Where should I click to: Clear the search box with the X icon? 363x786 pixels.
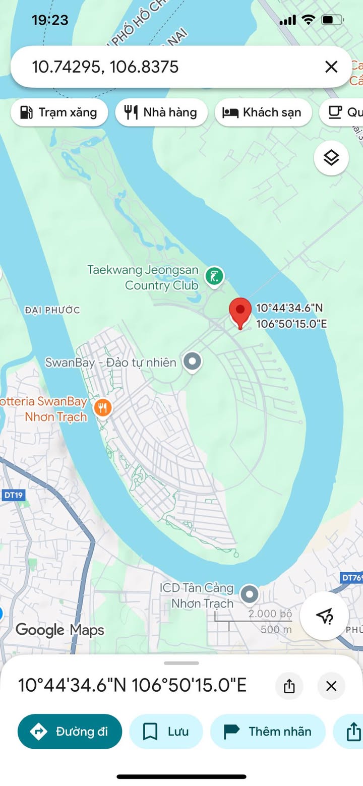coord(331,67)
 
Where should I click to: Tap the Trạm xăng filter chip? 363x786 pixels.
coord(59,112)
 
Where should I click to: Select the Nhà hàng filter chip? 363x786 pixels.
coord(161,112)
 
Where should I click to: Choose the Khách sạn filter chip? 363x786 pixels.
coord(262,112)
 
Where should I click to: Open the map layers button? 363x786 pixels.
coord(331,158)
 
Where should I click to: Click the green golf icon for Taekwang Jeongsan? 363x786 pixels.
coord(215,276)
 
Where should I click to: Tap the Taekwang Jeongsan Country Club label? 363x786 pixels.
coord(143,278)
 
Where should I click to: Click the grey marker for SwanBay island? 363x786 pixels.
coord(192,361)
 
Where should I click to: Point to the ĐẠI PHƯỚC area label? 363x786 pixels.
coord(52,310)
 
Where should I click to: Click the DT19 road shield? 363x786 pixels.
coord(14,495)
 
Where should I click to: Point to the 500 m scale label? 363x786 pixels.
coord(276,629)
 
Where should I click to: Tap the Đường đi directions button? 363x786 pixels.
coord(70,732)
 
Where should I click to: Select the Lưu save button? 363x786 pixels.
coord(166,732)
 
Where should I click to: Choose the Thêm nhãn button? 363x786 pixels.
coord(268,732)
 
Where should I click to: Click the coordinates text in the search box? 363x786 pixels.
coord(105,67)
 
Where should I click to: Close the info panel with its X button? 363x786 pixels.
coord(331,686)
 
